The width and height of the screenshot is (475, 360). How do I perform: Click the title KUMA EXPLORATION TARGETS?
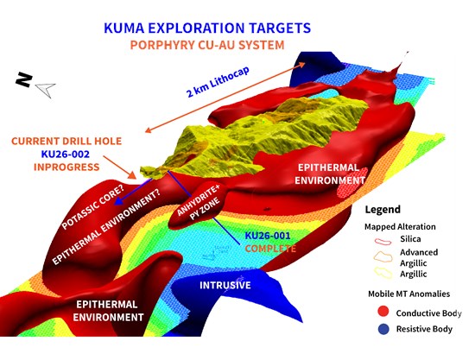tap(207, 28)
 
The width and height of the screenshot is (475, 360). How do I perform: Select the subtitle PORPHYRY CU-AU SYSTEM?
tap(207, 45)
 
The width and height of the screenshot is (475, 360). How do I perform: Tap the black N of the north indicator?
tap(24, 79)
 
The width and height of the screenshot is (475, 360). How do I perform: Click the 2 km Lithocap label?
tap(218, 82)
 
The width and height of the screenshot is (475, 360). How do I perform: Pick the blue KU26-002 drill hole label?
tap(66, 155)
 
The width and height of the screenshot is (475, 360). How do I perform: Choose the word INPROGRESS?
tap(66, 167)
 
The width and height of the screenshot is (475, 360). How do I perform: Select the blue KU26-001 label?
tap(268, 236)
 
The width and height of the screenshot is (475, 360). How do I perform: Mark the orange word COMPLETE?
tap(270, 249)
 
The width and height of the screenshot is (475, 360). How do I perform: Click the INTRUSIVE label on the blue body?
tap(225, 285)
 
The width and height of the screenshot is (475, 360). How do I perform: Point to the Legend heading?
tap(383, 210)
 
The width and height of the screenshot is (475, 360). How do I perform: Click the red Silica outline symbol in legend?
tap(383, 242)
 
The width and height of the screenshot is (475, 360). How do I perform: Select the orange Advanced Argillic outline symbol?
tap(383, 257)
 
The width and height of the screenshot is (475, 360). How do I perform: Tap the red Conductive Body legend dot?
tap(383, 312)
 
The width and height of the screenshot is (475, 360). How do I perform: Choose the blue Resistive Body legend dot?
tap(383, 329)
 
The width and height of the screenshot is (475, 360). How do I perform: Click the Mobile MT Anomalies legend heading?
tap(409, 294)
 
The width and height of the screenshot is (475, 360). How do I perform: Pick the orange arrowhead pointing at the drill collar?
tap(132, 175)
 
